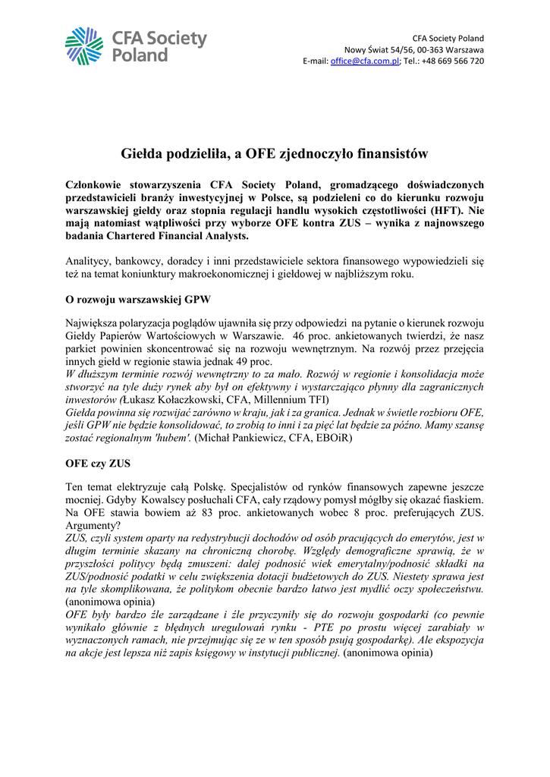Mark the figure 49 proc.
click(256, 362)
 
